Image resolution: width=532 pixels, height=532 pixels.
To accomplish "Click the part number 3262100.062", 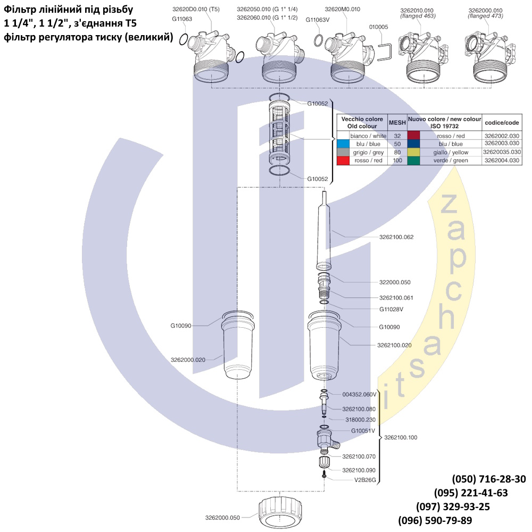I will pos(396,237).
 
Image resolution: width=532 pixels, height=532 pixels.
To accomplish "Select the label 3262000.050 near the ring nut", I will pos(223,517).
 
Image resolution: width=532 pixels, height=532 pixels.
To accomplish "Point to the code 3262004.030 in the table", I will pos(502,160).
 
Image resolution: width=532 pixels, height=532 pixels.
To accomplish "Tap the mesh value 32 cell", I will pos(397,136).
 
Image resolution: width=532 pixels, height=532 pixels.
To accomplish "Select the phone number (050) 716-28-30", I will pos(488,479).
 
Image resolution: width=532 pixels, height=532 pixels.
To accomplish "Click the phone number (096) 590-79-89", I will pos(435,520).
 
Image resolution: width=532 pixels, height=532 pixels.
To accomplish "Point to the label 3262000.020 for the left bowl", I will pos(188,360).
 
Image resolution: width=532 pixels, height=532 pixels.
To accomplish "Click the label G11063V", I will pos(318,20).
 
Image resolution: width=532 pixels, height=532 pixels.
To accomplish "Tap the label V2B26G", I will pos(365,479).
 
